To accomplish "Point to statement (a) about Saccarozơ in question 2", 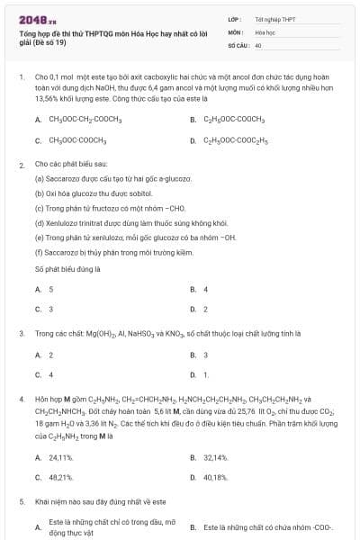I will pyautogui.click(x=105, y=179).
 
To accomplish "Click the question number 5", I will pyautogui.click(x=21, y=501).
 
